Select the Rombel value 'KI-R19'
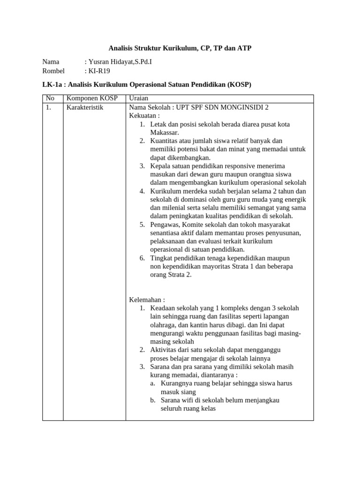99,71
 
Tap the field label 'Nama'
51,62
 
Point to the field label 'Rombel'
53,71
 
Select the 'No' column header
50,98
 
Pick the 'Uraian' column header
139,98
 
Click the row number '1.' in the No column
48,107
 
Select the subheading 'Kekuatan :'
144,116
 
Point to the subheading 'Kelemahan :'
147,300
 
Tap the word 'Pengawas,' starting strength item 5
165,225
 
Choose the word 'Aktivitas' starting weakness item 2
164,350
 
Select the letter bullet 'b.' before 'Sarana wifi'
153,400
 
